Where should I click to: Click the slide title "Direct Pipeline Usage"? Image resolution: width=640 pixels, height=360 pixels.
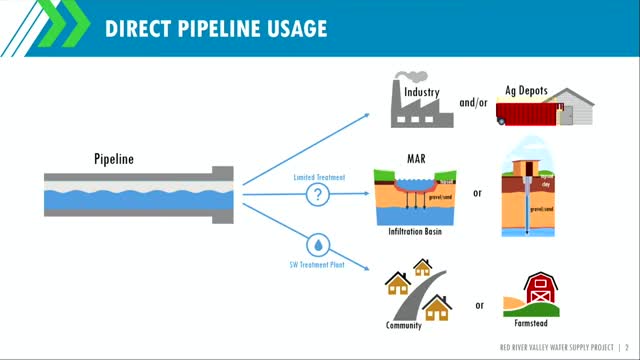216,28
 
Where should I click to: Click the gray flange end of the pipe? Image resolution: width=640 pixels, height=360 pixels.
223,192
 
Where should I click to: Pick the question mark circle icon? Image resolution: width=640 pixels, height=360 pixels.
318,195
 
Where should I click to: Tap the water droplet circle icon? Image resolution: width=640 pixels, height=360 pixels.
318,245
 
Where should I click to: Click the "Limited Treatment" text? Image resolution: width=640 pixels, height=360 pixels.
319,177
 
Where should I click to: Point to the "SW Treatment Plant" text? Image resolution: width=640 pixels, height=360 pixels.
318,264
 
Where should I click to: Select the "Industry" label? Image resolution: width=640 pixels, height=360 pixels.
425,93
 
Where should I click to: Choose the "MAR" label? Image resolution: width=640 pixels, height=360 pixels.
414,158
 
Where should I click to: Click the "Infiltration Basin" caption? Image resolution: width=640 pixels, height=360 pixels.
414,231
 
